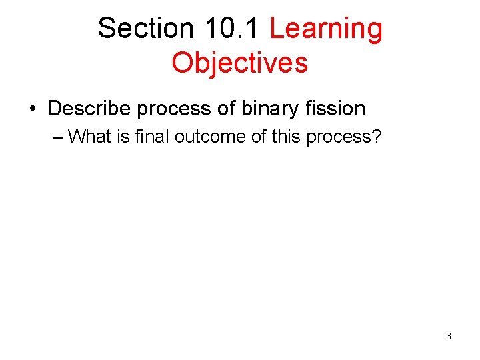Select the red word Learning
326,29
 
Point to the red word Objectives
239,63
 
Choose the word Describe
89,108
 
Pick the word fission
337,108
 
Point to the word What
89,137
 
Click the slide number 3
448,337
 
